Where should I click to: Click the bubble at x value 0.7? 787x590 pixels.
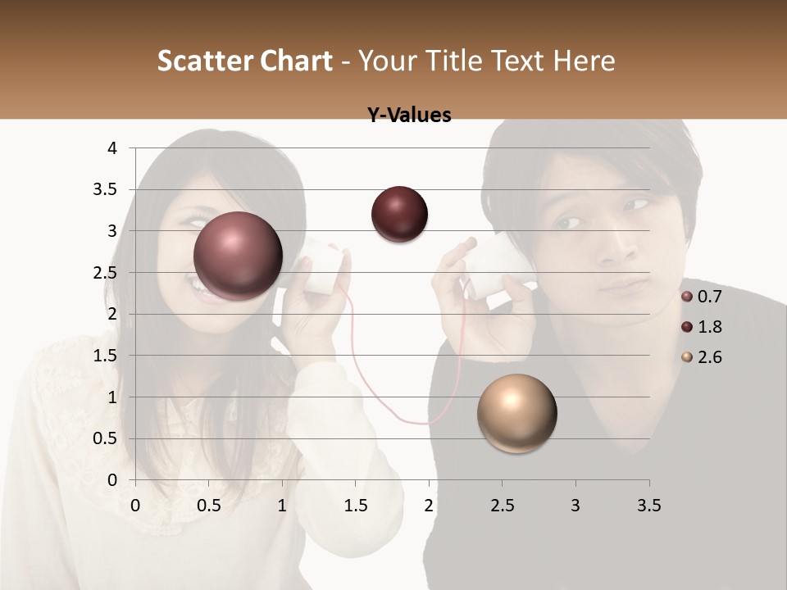coord(238,256)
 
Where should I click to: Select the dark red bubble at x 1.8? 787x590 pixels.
coord(399,214)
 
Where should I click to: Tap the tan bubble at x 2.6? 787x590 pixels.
coord(516,413)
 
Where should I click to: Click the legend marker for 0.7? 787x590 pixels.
coord(687,296)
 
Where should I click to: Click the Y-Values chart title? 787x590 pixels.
coord(408,116)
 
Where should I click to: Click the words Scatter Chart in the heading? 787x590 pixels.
coord(244,61)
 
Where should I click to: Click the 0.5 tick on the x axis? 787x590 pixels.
coord(209,506)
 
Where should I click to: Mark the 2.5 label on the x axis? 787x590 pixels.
coord(502,506)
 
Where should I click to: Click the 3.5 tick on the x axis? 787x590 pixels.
coord(648,506)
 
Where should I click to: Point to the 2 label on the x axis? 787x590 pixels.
coord(429,506)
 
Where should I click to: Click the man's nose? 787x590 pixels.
coord(612,246)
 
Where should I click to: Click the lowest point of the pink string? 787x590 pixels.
coord(423,424)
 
